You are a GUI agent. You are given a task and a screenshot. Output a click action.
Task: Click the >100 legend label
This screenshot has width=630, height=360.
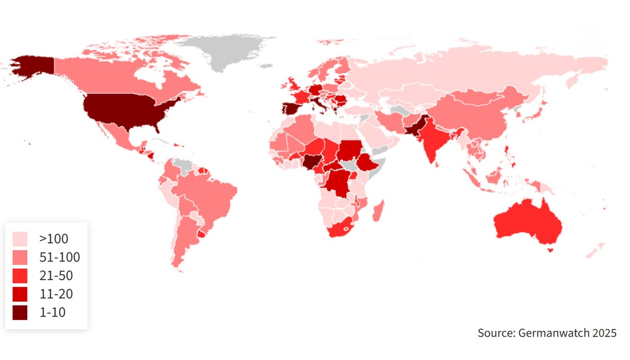click(x=53, y=239)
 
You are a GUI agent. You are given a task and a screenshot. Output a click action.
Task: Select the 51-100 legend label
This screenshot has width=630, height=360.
click(x=59, y=257)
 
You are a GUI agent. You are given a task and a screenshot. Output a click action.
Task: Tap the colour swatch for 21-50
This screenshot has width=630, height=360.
click(x=20, y=276)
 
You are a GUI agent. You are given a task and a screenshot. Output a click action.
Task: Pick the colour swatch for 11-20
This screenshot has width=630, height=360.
click(x=20, y=294)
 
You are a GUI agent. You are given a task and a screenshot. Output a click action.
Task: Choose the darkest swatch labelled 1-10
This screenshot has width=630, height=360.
click(x=20, y=312)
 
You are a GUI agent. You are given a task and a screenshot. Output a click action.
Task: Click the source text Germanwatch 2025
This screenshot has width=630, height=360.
click(x=547, y=333)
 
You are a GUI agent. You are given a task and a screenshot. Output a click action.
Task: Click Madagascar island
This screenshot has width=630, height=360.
click(x=378, y=211)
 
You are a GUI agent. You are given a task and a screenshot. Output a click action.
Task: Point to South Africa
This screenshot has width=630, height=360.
click(x=340, y=229)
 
